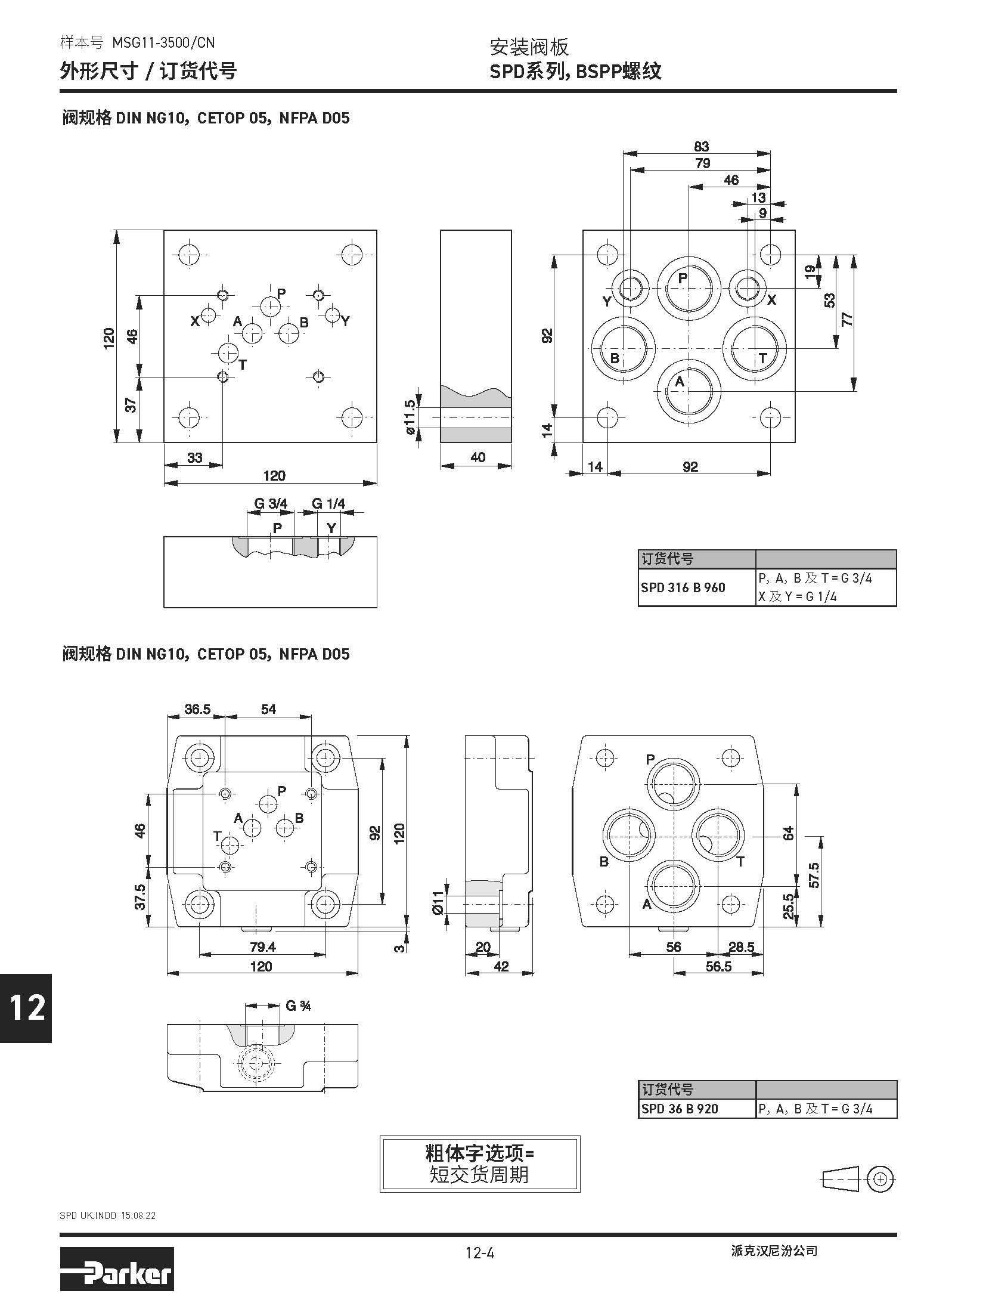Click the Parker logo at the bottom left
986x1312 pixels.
pos(116,1271)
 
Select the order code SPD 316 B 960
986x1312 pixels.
pos(683,587)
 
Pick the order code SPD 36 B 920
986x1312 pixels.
pos(679,1109)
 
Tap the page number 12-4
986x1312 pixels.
pos(480,1253)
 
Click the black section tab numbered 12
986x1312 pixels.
pos(26,1008)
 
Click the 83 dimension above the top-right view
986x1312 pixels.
pos(701,147)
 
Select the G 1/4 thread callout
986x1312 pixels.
pos(328,504)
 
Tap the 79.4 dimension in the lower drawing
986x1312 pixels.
pos(263,946)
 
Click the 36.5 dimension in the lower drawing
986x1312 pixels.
pos(197,709)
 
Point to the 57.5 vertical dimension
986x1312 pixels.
pos(814,875)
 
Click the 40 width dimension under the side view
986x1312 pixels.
pos(478,457)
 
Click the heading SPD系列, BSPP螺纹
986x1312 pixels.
pos(575,72)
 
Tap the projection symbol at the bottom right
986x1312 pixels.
pos(858,1178)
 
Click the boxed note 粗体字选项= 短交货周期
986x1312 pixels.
pos(480,1164)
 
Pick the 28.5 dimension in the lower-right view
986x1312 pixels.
pos(742,946)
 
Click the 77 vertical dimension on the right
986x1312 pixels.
pos(847,319)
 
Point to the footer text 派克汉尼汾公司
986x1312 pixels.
pos(774,1251)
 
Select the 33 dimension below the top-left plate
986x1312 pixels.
pos(195,457)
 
